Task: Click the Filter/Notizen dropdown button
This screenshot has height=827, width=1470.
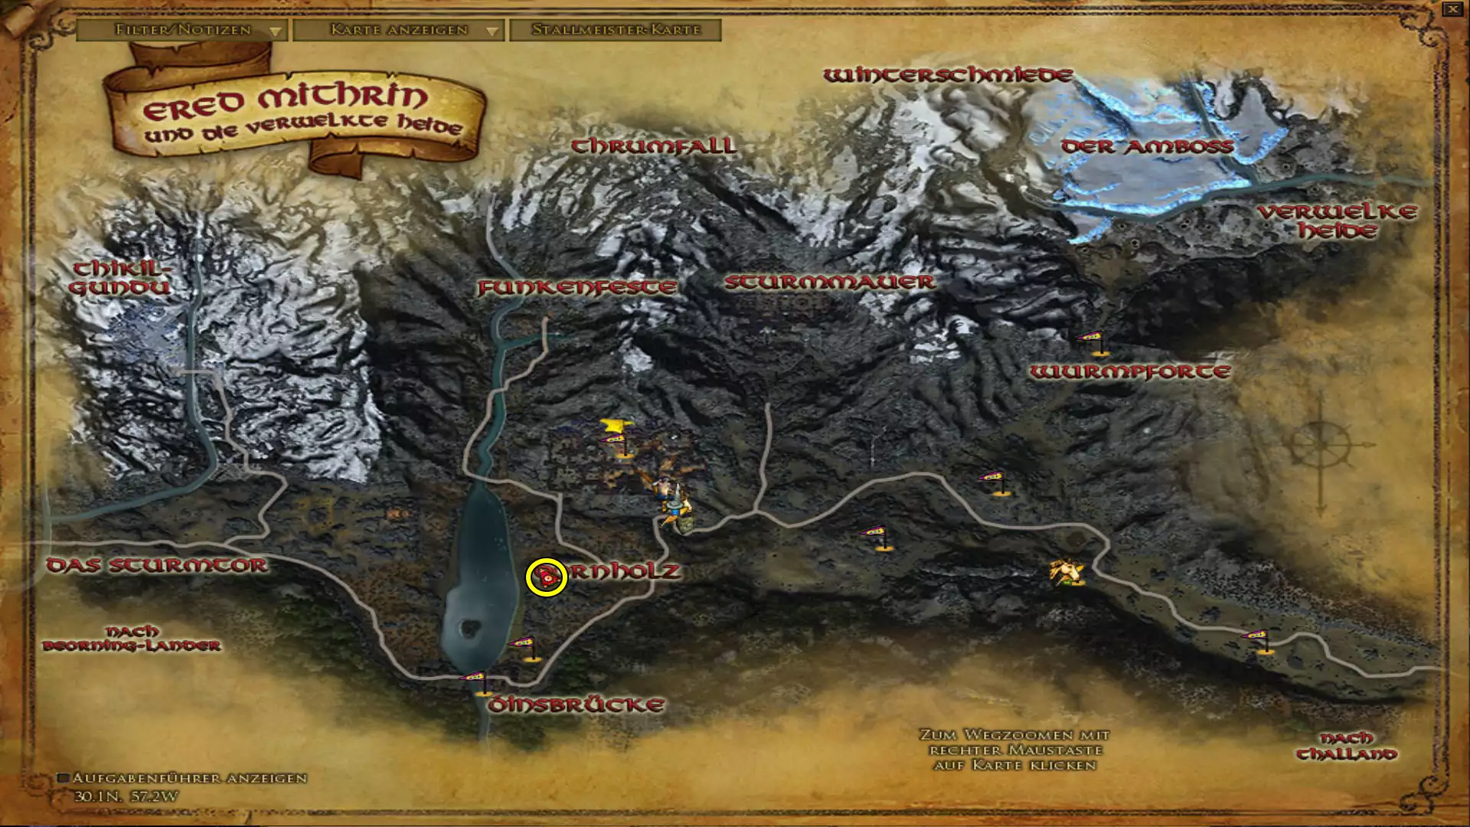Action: pos(182,30)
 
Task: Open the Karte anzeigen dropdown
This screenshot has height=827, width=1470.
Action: pos(398,30)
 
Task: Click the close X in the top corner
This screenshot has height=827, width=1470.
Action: pos(1452,9)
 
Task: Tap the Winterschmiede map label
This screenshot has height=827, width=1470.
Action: pos(948,75)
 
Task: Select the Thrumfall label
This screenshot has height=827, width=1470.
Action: pos(654,145)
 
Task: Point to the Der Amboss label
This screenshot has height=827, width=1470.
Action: pos(1147,146)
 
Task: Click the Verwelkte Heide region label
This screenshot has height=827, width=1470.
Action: pos(1337,221)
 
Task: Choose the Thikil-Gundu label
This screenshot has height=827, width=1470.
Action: pos(120,278)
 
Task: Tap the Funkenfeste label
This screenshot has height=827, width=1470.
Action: pos(577,288)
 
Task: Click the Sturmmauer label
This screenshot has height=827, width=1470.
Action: pos(829,282)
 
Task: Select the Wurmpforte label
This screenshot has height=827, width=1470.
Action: pos(1129,372)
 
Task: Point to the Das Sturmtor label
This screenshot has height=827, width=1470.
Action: pos(157,565)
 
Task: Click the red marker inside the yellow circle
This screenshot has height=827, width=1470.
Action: pos(547,577)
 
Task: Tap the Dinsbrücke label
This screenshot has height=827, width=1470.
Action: pos(576,704)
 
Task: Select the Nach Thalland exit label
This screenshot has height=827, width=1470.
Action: pos(1346,746)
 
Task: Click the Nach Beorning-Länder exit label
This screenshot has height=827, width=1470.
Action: pos(132,638)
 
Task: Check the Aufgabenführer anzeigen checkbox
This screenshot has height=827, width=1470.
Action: pos(64,778)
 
